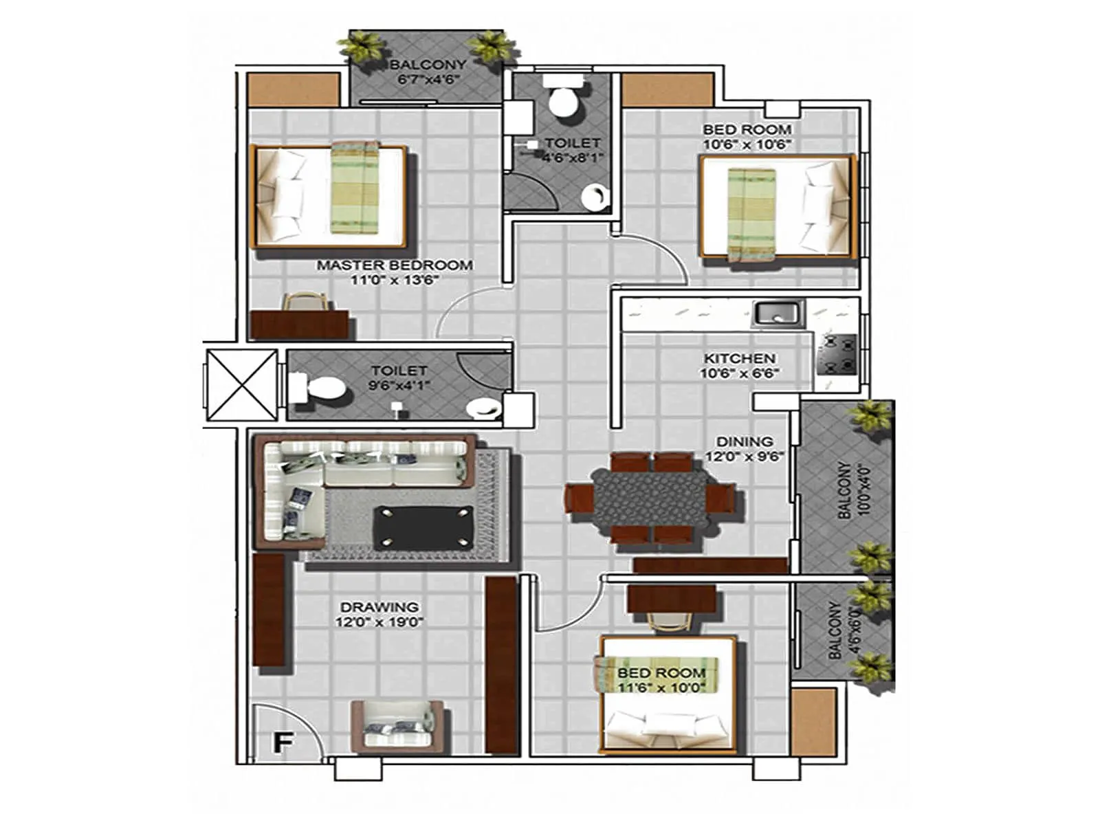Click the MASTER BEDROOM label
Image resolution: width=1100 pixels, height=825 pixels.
pyautogui.click(x=394, y=265)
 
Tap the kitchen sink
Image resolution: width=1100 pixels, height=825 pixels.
pyautogui.click(x=777, y=313)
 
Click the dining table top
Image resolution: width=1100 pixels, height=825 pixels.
pyautogui.click(x=650, y=497)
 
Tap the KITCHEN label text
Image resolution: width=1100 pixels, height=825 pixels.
pyautogui.click(x=739, y=358)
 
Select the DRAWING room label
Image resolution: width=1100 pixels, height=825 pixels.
pyautogui.click(x=379, y=607)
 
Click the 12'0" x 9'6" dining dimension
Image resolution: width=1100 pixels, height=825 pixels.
pyautogui.click(x=745, y=456)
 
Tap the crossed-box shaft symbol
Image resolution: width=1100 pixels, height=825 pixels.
pyautogui.click(x=241, y=384)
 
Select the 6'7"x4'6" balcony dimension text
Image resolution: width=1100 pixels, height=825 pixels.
pyautogui.click(x=428, y=79)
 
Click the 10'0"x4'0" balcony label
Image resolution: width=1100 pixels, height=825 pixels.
pyautogui.click(x=846, y=489)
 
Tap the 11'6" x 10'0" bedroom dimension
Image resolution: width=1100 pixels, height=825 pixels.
pyautogui.click(x=661, y=687)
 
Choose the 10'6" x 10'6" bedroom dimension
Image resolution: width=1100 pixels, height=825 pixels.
pyautogui.click(x=747, y=144)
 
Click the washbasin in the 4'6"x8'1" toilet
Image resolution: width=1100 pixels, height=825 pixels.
pyautogui.click(x=595, y=198)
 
